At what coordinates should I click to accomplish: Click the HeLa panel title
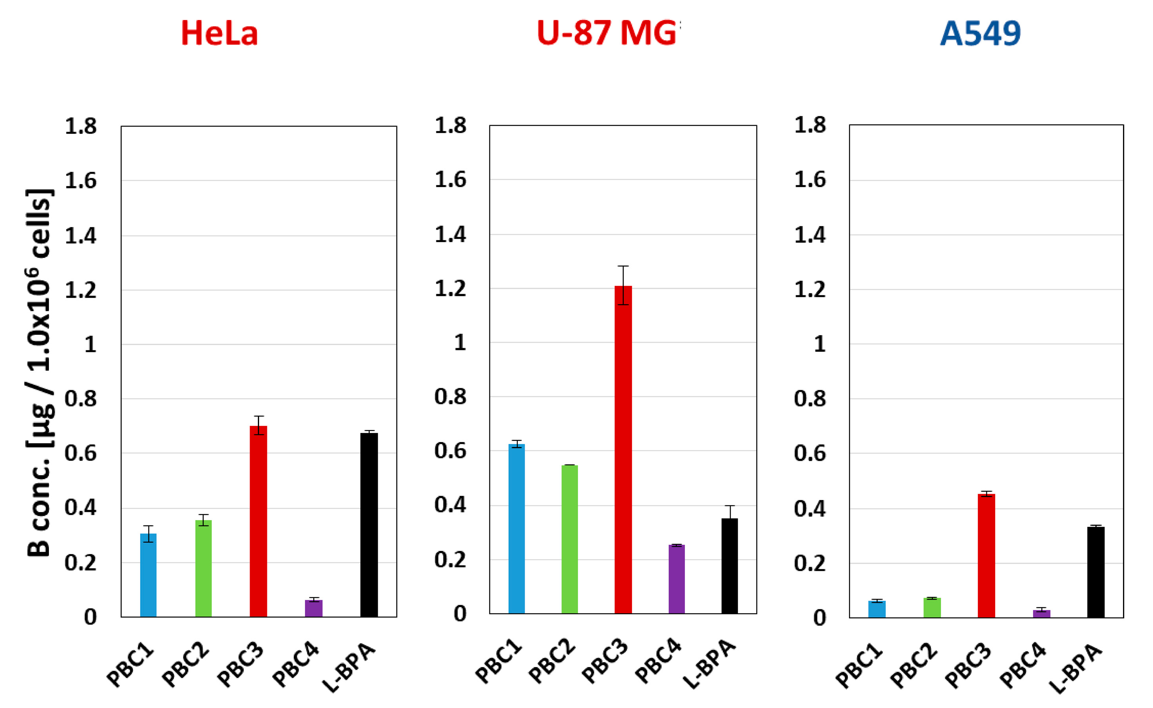tap(219, 34)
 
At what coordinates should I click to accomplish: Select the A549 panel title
tap(980, 34)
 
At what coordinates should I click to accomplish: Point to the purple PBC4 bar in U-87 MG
tap(676, 579)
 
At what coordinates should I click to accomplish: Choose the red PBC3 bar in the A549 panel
tap(986, 556)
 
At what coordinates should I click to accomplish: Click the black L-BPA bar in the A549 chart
tap(1095, 572)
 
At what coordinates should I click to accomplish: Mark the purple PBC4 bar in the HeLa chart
tap(313, 608)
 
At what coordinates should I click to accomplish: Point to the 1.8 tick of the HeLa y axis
tap(80, 127)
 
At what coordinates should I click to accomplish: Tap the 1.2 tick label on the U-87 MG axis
tap(450, 289)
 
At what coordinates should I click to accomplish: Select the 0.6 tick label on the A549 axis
tap(810, 453)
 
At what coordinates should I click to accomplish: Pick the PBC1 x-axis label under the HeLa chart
tap(130, 666)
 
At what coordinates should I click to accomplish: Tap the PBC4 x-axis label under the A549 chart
tap(1022, 666)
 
